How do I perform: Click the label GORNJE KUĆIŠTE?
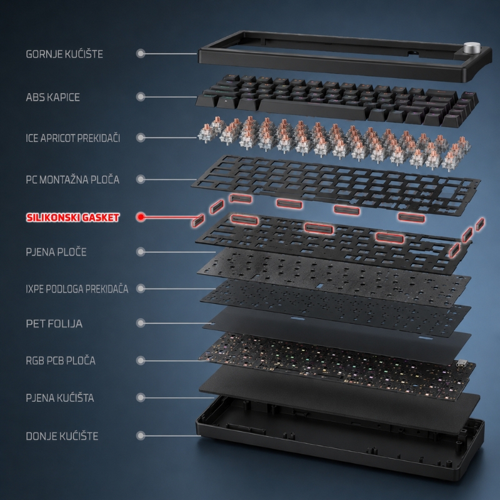click(x=64, y=54)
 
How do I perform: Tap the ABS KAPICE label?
click(x=53, y=97)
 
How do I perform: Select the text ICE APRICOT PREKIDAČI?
click(x=73, y=138)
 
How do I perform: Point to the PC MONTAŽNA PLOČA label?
click(x=72, y=179)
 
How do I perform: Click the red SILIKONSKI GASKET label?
click(x=72, y=217)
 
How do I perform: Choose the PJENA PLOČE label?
click(x=56, y=252)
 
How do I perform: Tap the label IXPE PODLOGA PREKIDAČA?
click(x=77, y=289)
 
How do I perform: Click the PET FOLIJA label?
click(x=54, y=324)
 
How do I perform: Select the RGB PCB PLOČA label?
click(x=61, y=361)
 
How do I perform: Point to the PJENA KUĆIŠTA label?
click(x=60, y=398)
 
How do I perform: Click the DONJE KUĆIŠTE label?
click(x=62, y=436)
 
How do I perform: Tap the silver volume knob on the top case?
click(x=471, y=48)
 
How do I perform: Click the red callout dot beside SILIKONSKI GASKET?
click(x=141, y=217)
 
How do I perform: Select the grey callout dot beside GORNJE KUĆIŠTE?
click(x=141, y=53)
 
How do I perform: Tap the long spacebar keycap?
click(x=312, y=109)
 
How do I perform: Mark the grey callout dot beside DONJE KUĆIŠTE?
click(x=141, y=436)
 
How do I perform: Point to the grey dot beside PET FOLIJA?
click(x=141, y=323)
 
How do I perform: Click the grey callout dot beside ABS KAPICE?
click(x=141, y=97)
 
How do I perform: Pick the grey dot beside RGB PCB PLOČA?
click(x=141, y=361)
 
